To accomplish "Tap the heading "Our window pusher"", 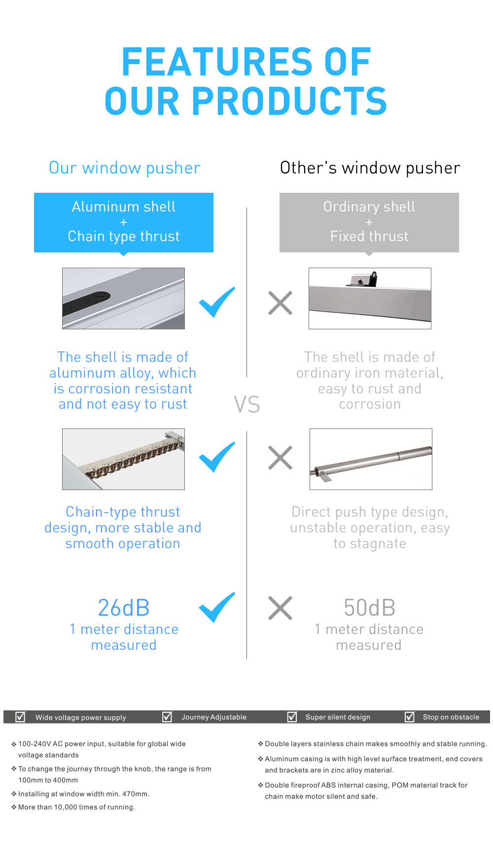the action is point(124,168).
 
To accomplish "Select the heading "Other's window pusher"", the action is point(370,168).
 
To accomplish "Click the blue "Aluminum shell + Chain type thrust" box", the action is point(124,222).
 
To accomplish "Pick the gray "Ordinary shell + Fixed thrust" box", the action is point(369,222).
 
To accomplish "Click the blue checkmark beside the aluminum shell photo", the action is point(216,302).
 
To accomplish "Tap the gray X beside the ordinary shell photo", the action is point(280,303).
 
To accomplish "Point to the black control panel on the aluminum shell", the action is point(86,303).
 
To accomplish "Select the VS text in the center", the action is point(246,404).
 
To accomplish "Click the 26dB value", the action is point(124,608).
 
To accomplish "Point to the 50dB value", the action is point(369,608).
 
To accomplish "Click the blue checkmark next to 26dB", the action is point(216,607).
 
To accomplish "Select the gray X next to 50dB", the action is point(280,608).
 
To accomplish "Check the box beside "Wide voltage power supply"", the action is point(20,716).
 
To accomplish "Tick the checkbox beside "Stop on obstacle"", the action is point(410,716).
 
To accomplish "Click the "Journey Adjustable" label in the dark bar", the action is point(214,717).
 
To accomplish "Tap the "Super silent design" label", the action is point(338,717).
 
